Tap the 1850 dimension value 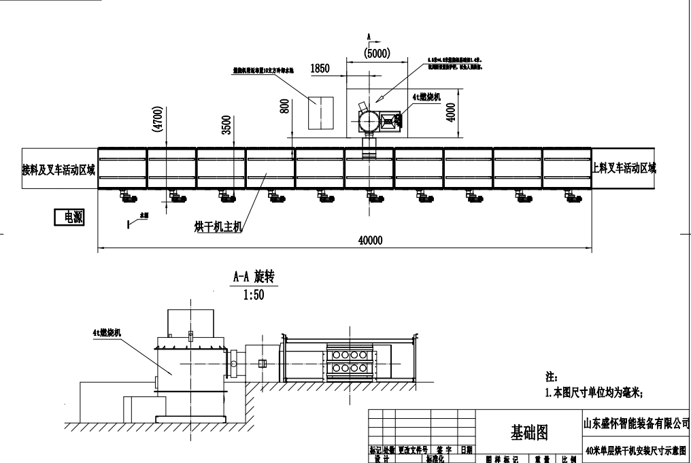click(320, 68)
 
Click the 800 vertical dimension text click(285, 106)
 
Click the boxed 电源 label click(69, 217)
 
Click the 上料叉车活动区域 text click(624, 168)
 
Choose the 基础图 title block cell click(529, 431)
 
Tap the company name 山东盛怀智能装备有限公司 click(637, 424)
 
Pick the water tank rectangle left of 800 click(321, 113)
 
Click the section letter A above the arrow click(368, 34)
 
